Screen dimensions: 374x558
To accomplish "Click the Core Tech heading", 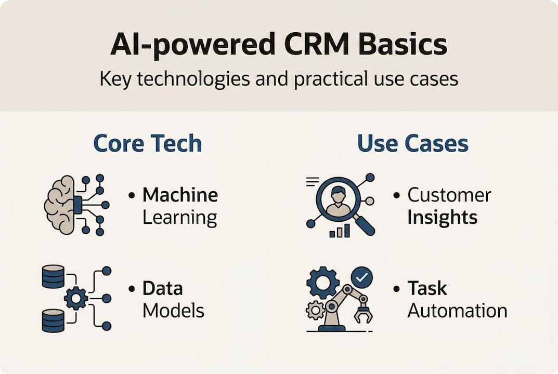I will point(147,144).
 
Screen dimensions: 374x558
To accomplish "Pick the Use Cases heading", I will point(412,144).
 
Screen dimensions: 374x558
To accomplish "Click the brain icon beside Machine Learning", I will point(61,204).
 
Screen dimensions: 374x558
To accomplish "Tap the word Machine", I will point(180,195).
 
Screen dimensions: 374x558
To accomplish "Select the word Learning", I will point(179,218).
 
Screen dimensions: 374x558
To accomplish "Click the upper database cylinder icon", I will point(53,276).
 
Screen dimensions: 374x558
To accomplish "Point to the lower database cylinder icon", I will point(53,320).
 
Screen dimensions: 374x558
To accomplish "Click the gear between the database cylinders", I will point(76,298).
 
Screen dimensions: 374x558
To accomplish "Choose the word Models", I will point(173,311).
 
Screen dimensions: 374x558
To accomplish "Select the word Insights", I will point(442,218).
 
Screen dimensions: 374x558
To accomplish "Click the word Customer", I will point(449,195).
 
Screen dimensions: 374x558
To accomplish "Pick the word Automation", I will point(457,311).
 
